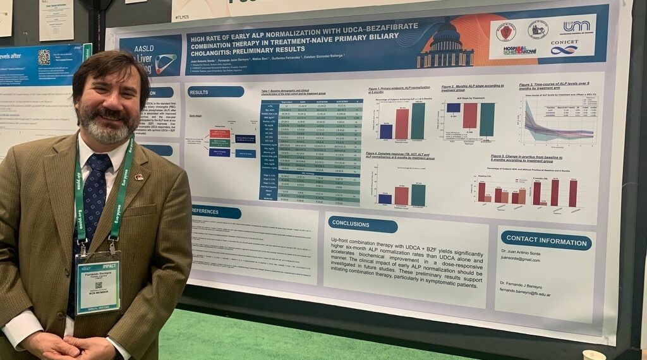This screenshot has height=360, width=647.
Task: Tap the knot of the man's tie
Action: point(100,164)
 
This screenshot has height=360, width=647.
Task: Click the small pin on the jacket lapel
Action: point(138,177)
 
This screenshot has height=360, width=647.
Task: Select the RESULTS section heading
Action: point(215,92)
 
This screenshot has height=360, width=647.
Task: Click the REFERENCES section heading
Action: point(215,212)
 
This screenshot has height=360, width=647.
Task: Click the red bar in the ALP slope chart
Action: point(469,116)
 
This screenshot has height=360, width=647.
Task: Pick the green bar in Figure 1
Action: point(418,121)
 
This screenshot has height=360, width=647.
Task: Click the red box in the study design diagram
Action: point(219,134)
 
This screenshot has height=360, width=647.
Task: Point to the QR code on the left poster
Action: point(44,57)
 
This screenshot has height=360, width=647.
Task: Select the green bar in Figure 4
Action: point(418,195)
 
